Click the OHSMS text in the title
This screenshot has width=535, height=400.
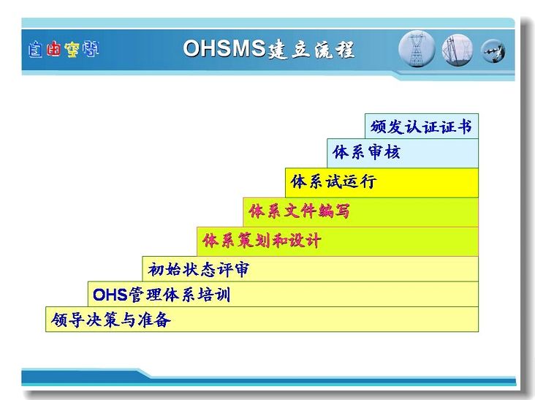[224, 48]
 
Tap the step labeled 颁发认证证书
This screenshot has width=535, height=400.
[421, 127]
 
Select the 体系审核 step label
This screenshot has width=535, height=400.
[365, 152]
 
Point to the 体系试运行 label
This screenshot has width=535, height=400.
[333, 181]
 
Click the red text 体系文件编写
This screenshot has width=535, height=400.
[299, 211]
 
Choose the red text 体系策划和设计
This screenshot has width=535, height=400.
[262, 241]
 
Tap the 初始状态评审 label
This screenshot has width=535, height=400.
[199, 269]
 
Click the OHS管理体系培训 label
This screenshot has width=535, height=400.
[162, 295]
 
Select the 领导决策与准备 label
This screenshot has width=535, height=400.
[111, 320]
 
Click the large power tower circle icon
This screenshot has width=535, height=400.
[417, 49]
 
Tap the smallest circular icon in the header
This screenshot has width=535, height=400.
[493, 51]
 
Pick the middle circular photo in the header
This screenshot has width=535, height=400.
[458, 50]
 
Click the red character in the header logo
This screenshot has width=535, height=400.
[53, 48]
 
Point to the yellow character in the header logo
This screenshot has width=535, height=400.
[72, 50]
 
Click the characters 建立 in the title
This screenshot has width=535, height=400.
[289, 50]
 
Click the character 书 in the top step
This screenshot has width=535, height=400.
[464, 127]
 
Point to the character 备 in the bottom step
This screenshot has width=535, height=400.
[163, 320]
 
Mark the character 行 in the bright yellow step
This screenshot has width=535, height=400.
[368, 181]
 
